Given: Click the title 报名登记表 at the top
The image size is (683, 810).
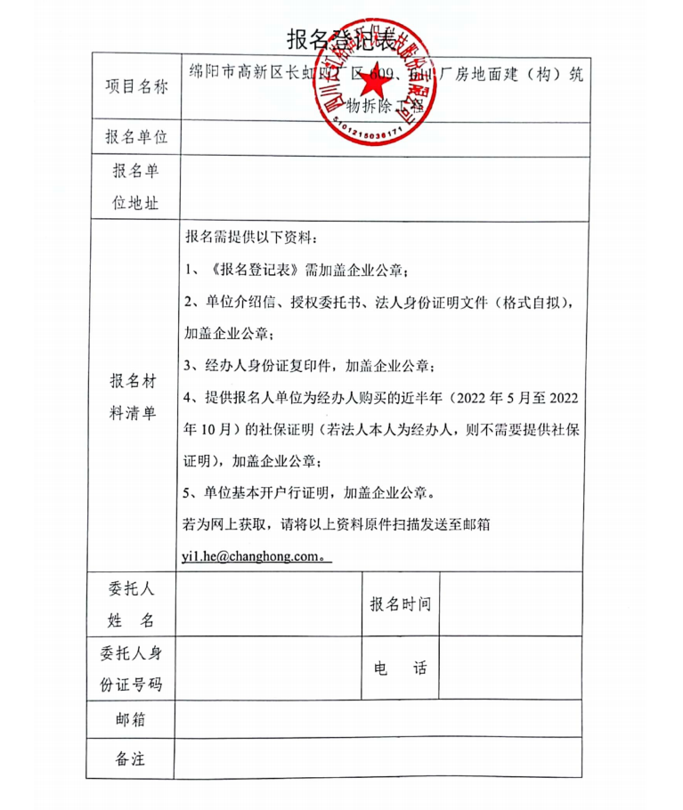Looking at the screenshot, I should coord(341,38).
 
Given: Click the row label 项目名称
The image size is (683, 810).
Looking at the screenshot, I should coord(136,86).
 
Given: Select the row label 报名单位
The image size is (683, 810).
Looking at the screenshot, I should coord(136,137).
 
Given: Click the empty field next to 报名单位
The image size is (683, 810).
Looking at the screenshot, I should coord(383,138).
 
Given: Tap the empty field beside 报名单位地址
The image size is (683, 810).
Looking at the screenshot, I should coord(383,186).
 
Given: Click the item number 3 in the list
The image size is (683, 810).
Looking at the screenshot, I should coord(189,366).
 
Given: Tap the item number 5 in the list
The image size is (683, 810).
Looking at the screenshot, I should coord(189,492).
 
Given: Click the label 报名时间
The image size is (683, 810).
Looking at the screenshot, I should coord(401,604).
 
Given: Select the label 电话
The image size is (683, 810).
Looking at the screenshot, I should coord(401,668).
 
